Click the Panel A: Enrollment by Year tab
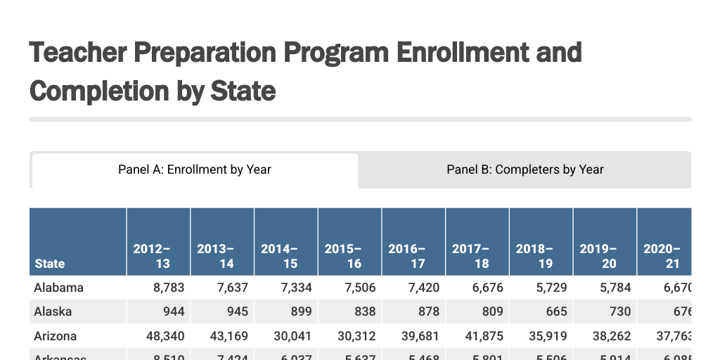tap(195, 169)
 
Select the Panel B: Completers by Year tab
tap(525, 169)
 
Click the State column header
tap(50, 264)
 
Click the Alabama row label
tap(59, 288)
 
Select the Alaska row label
tap(53, 311)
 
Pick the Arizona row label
tap(56, 335)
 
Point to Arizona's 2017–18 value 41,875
tap(483, 335)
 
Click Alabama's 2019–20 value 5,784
tap(614, 288)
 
